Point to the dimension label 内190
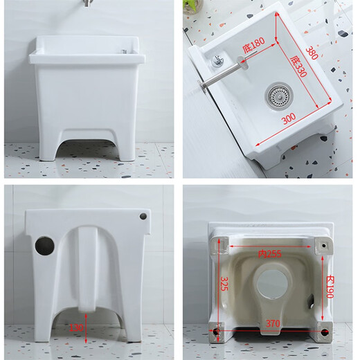pos(330,286)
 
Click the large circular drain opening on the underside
pos(271,285)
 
